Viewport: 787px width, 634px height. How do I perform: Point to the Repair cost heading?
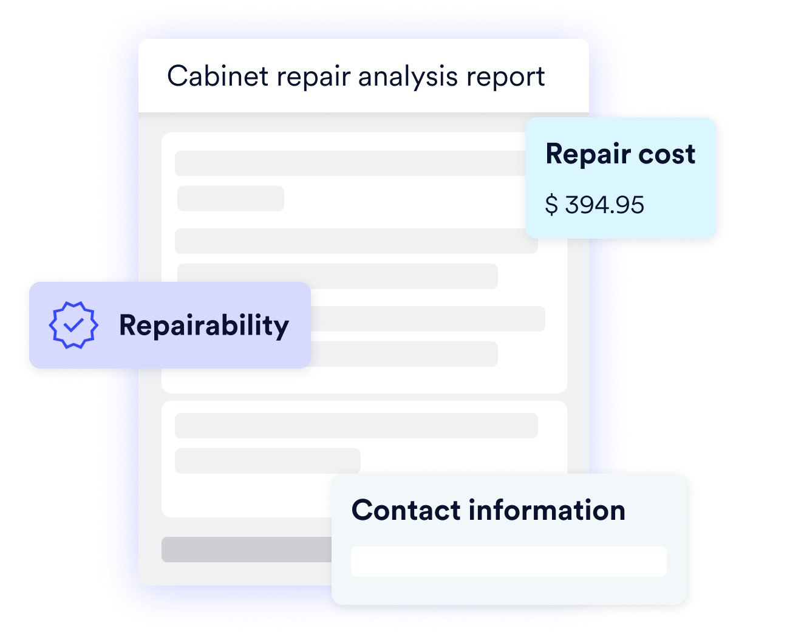pyautogui.click(x=620, y=154)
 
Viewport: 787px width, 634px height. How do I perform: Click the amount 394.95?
pyautogui.click(x=604, y=205)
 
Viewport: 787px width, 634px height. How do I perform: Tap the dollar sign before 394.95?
pyautogui.click(x=551, y=205)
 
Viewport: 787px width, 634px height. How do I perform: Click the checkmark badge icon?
pyautogui.click(x=73, y=325)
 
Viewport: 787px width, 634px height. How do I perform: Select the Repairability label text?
pyautogui.click(x=204, y=326)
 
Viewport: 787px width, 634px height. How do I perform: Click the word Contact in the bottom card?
pyautogui.click(x=406, y=510)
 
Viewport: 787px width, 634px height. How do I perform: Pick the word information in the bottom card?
pyautogui.click(x=547, y=510)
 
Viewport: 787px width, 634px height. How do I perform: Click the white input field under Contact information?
pyautogui.click(x=508, y=562)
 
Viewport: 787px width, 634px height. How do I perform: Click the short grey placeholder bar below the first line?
pyautogui.click(x=231, y=199)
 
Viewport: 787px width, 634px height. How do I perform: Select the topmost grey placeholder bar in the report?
pyautogui.click(x=350, y=163)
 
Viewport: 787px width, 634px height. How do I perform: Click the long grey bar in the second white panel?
pyautogui.click(x=356, y=426)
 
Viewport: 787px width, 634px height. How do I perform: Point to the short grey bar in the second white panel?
pyautogui.click(x=267, y=461)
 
